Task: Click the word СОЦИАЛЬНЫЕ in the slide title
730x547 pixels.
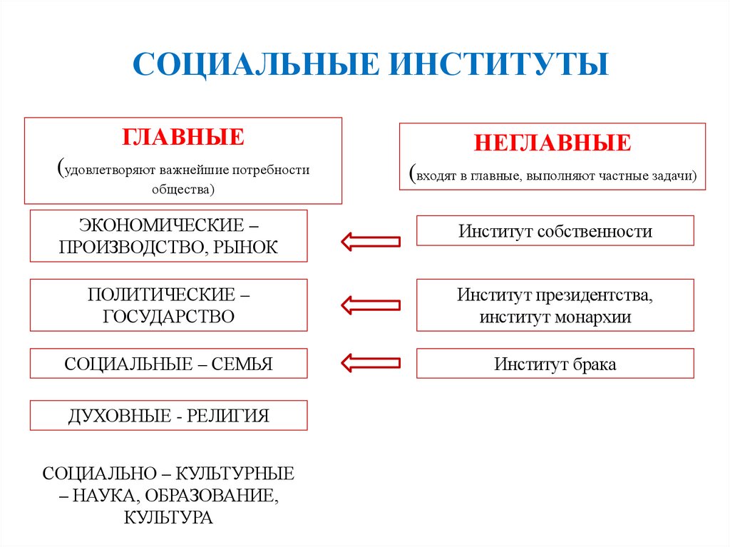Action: (254, 63)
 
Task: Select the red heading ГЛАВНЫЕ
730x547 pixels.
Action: (183, 137)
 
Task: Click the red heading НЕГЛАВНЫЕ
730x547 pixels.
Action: (552, 143)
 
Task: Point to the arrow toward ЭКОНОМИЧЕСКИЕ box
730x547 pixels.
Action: (370, 241)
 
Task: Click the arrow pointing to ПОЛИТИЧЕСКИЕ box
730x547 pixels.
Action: (370, 305)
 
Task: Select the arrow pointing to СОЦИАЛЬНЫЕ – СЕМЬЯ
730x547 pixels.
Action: (370, 362)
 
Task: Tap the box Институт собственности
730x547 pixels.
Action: (555, 231)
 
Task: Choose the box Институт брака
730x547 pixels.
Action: (555, 364)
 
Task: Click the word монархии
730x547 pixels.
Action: (591, 317)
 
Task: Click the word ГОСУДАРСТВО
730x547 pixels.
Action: (169, 316)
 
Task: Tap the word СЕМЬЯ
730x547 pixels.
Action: (245, 364)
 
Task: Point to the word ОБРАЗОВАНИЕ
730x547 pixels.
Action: (217, 495)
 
